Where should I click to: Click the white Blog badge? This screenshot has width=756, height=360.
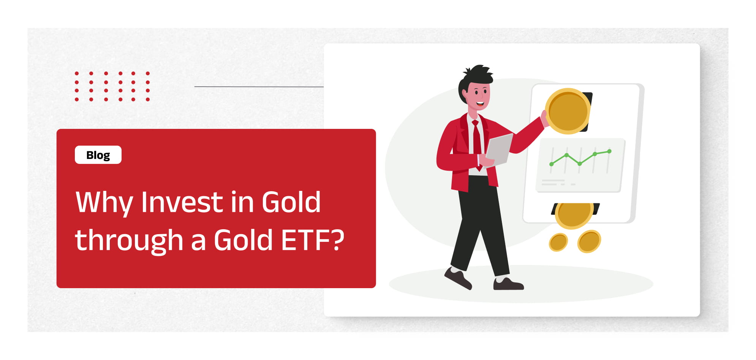point(98,155)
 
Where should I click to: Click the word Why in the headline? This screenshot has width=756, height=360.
point(104,203)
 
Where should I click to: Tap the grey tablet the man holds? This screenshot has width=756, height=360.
point(499,150)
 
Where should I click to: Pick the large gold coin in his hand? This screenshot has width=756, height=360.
point(568,111)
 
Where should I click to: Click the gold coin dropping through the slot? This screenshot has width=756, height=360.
point(574,215)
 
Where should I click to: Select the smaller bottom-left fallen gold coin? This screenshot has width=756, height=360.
point(558,242)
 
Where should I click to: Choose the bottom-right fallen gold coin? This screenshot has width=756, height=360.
point(589,241)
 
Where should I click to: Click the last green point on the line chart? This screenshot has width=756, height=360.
point(609,151)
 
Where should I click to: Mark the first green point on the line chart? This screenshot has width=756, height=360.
point(552,164)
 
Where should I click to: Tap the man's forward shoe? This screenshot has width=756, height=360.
point(508,284)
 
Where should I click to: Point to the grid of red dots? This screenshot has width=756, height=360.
point(112,86)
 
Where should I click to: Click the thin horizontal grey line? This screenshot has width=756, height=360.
point(259,87)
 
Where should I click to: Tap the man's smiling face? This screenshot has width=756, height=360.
point(479,95)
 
